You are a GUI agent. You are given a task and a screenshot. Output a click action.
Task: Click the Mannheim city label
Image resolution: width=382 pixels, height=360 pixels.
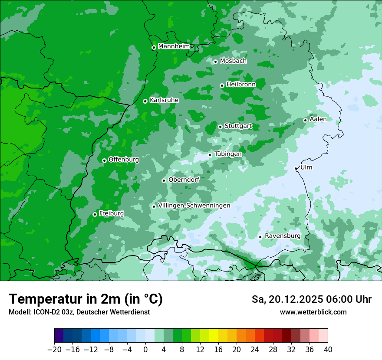point(174,46)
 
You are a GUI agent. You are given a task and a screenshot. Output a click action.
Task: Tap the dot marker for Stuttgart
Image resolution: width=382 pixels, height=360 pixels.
point(221,127)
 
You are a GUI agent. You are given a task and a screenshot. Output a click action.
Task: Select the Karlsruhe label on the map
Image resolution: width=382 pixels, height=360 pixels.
point(164,100)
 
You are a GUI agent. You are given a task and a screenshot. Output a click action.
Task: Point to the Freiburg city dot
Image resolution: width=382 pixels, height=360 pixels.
point(95,214)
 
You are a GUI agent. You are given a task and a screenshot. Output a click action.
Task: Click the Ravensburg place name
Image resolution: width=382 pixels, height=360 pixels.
point(283,236)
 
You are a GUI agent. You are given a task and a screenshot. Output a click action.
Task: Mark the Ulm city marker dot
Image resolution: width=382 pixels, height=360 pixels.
point(296,168)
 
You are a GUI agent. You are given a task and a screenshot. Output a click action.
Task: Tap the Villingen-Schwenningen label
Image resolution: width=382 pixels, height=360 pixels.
point(194,205)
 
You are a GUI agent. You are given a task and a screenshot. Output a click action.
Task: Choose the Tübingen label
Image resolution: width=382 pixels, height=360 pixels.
point(228,154)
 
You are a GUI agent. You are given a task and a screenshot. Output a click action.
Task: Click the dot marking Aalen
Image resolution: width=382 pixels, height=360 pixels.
point(305,120)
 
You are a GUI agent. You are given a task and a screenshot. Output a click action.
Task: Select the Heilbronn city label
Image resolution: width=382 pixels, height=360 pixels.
point(241,84)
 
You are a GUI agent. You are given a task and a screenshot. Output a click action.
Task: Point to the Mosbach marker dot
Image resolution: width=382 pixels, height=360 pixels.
point(215,62)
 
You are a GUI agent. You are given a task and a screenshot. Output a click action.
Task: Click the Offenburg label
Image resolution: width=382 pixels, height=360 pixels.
point(124,159)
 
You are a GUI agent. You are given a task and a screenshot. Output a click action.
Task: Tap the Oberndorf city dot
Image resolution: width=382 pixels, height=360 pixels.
point(164,180)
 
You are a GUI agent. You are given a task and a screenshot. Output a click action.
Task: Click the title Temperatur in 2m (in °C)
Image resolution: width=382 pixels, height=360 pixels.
point(86,299)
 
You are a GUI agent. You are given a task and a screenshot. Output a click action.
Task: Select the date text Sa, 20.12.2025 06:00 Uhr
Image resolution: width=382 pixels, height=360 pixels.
point(311,299)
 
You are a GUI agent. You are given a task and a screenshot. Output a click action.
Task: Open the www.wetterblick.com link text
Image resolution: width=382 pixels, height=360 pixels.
point(313,312)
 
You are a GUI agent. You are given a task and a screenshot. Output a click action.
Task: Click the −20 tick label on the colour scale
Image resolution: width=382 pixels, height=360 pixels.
point(54,349)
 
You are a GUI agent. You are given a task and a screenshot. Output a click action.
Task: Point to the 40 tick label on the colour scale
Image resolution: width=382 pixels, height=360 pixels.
point(328,349)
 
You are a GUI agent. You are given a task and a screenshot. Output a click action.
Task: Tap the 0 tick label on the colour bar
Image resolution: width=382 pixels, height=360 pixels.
point(145,349)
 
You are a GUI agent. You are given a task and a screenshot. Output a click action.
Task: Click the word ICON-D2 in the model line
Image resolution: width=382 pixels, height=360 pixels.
point(44,312)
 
